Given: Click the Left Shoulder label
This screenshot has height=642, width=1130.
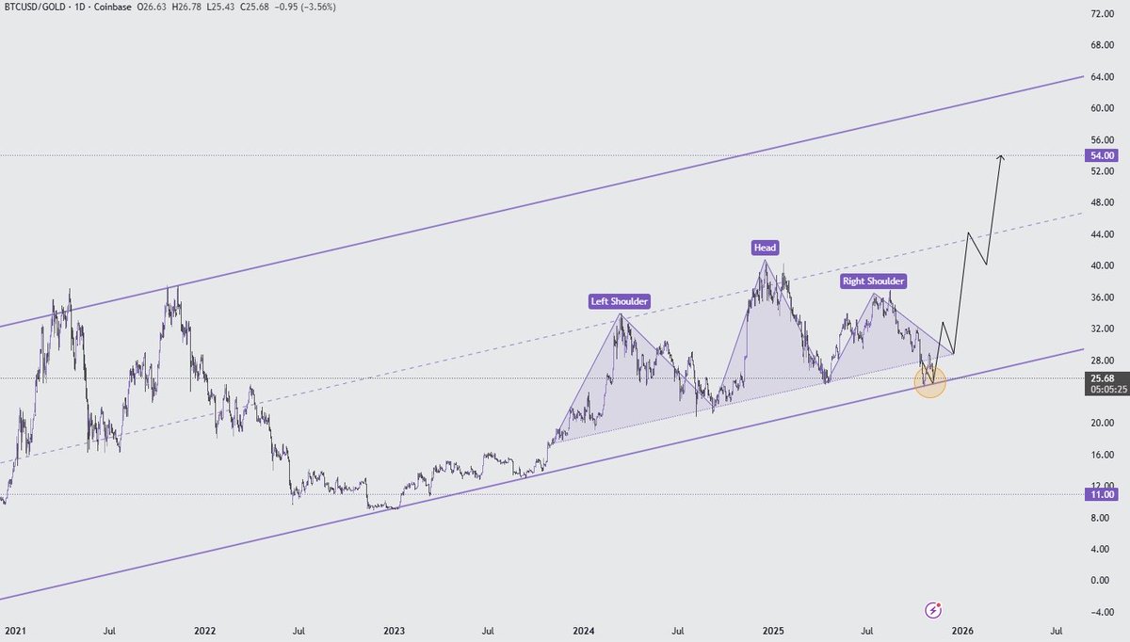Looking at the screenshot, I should pos(620,302).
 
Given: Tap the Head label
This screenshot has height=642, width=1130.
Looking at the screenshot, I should pos(765,248).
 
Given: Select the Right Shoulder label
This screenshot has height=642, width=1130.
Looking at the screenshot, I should pos(873,281).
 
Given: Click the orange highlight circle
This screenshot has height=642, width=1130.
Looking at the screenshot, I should pos(930,382).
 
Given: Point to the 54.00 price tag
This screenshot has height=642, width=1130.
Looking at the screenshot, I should pos(1103,155).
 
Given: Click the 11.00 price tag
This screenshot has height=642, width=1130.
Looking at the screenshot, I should pos(1103,494).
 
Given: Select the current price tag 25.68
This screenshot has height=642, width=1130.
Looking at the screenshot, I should pos(1103,377).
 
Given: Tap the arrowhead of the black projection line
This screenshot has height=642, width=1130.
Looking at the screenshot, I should pos(1002,156).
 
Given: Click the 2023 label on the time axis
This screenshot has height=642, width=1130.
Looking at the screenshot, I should pos(395,631).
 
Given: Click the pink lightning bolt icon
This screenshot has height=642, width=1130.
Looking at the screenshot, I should pos(933,610).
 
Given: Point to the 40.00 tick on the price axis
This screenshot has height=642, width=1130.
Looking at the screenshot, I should pos(1103,265).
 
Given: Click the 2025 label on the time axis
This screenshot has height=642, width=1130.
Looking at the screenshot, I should pos(773,631).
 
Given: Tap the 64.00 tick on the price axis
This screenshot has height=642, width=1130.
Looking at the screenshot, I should pos(1103,78).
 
